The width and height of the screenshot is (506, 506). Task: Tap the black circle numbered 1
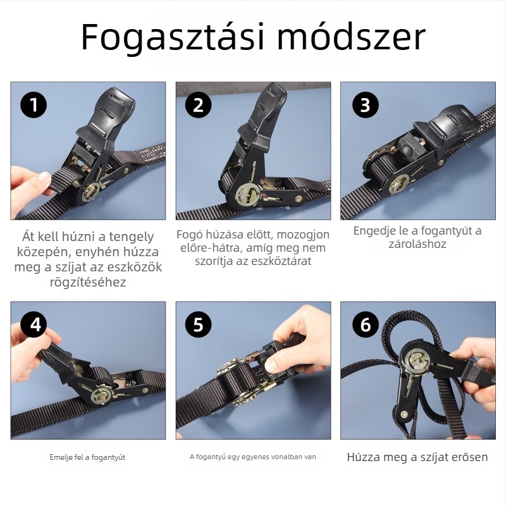(34, 104)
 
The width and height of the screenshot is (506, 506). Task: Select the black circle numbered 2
(198, 104)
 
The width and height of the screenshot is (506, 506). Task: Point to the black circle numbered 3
(366, 104)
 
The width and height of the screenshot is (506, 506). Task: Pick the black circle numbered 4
(34, 324)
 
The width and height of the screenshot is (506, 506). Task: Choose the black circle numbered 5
(198, 324)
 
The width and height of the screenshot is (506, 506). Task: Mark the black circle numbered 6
(366, 324)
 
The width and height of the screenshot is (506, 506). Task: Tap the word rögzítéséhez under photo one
(88, 282)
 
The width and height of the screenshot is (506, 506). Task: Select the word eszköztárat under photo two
(281, 261)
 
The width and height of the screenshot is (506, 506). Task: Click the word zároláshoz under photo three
(417, 244)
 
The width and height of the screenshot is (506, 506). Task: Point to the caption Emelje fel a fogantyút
(87, 457)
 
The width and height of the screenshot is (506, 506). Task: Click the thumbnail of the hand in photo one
(44, 178)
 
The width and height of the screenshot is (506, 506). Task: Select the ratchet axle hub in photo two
(247, 195)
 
